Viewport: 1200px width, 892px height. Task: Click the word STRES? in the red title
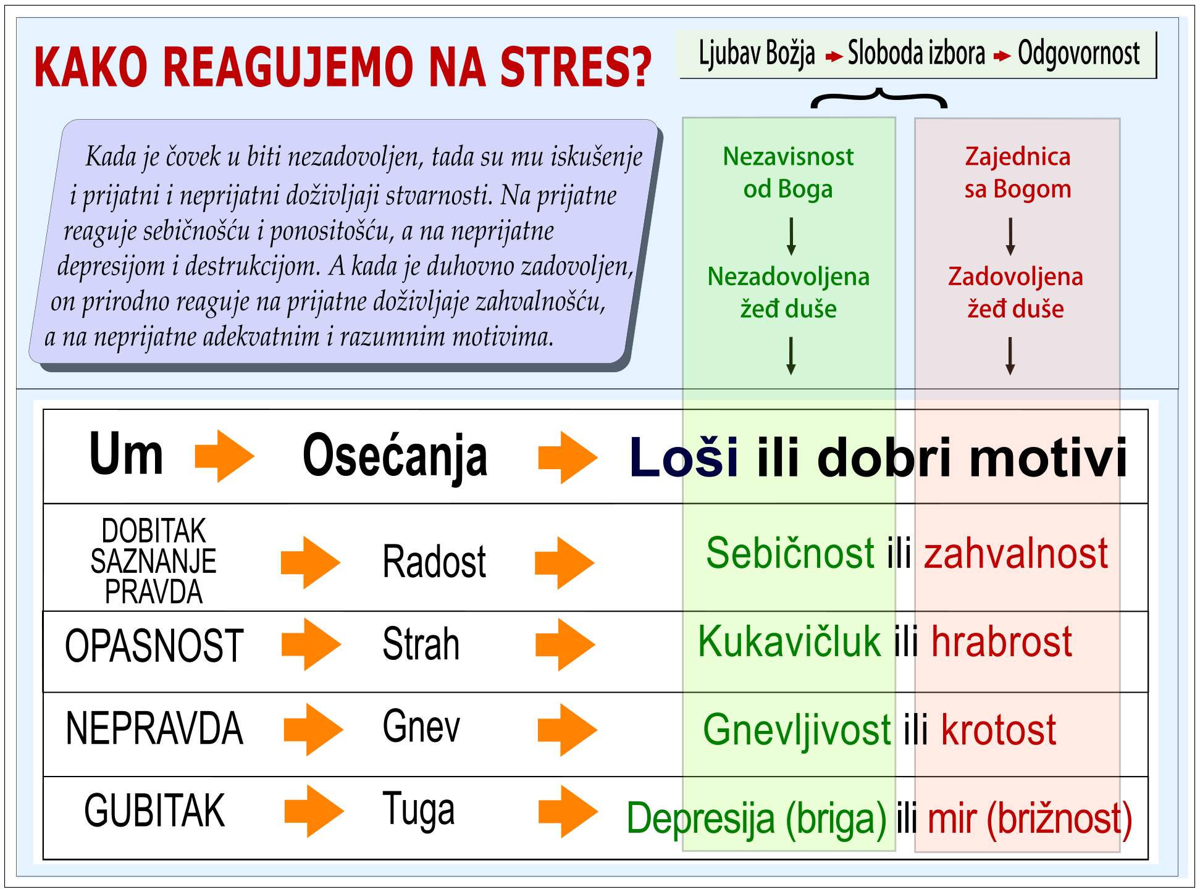pyautogui.click(x=576, y=66)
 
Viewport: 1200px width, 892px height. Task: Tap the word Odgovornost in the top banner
pyautogui.click(x=1078, y=54)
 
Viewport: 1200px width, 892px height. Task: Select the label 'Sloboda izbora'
pyautogui.click(x=917, y=53)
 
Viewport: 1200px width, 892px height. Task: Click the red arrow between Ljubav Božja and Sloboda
pyautogui.click(x=834, y=57)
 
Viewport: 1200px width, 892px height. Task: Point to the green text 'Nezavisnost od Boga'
pyautogui.click(x=788, y=173)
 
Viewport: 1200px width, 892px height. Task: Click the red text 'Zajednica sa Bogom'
pyautogui.click(x=1018, y=173)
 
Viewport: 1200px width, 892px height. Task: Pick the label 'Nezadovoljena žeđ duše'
pyautogui.click(x=789, y=293)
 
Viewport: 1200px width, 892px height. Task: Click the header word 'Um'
pyautogui.click(x=127, y=454)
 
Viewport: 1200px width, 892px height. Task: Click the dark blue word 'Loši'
pyautogui.click(x=684, y=457)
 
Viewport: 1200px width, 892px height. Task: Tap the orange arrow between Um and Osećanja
pyautogui.click(x=225, y=456)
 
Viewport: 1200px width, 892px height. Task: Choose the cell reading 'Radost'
pyautogui.click(x=434, y=562)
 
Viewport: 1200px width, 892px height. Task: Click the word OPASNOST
pyautogui.click(x=154, y=646)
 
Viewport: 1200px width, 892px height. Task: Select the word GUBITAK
pyautogui.click(x=154, y=811)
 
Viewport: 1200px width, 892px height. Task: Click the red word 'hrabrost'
pyautogui.click(x=1002, y=642)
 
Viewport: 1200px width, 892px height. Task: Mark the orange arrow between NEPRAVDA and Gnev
pyautogui.click(x=313, y=729)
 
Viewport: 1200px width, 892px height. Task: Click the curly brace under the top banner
pyautogui.click(x=879, y=98)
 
